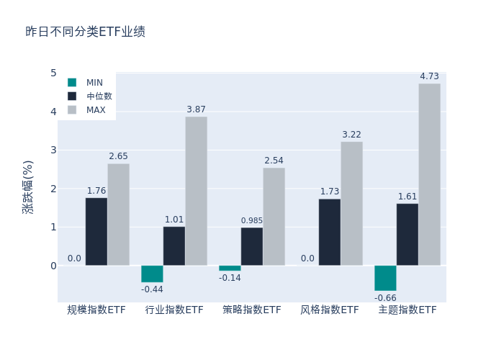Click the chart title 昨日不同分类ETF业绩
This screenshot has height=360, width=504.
(x=85, y=32)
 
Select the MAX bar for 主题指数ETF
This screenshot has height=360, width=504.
(x=429, y=174)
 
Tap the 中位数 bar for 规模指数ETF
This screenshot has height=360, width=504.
(x=96, y=231)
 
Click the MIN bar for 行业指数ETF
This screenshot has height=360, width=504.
(x=152, y=274)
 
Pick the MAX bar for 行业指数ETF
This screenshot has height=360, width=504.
(x=196, y=191)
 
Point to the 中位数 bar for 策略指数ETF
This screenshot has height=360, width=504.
(x=252, y=246)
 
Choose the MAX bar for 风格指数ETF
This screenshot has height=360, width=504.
(x=351, y=203)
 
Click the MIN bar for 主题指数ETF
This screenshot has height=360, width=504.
(x=385, y=278)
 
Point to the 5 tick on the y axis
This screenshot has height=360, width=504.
(x=53, y=73)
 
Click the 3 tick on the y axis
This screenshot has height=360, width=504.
(x=53, y=150)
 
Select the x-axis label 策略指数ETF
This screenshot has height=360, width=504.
(x=252, y=310)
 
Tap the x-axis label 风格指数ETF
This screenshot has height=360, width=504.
(x=330, y=310)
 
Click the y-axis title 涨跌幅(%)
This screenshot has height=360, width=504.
(x=28, y=186)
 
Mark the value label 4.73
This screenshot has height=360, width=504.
(x=429, y=76)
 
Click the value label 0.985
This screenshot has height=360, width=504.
(x=252, y=220)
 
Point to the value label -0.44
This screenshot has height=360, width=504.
(x=152, y=289)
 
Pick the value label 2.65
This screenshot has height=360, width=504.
(x=118, y=156)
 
